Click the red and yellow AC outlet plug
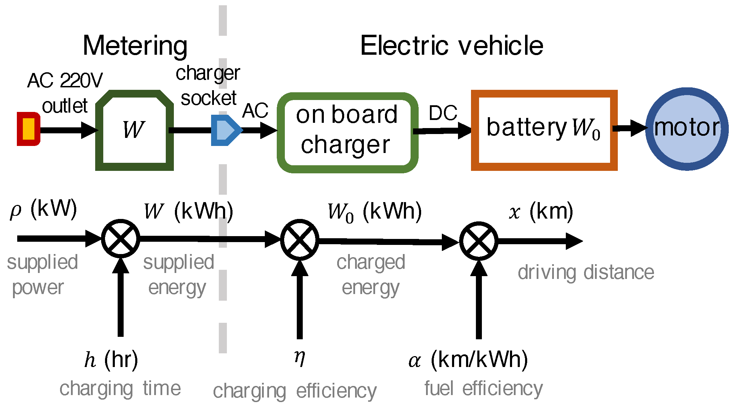pos(28,129)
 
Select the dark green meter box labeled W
pos(134,131)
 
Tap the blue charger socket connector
pos(225,130)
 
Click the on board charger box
pos(347,133)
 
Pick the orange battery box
pos(544,130)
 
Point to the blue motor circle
pos(687,129)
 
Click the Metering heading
pos(135,46)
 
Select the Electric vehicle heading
pos(452,46)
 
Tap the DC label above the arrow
pos(443,113)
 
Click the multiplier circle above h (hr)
pos(120,239)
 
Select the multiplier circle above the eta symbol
pos(300,240)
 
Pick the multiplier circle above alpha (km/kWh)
pos(478,241)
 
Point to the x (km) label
pos(541,212)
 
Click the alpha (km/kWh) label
pos(468,360)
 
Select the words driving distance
pos(585,273)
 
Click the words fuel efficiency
pos(483,389)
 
